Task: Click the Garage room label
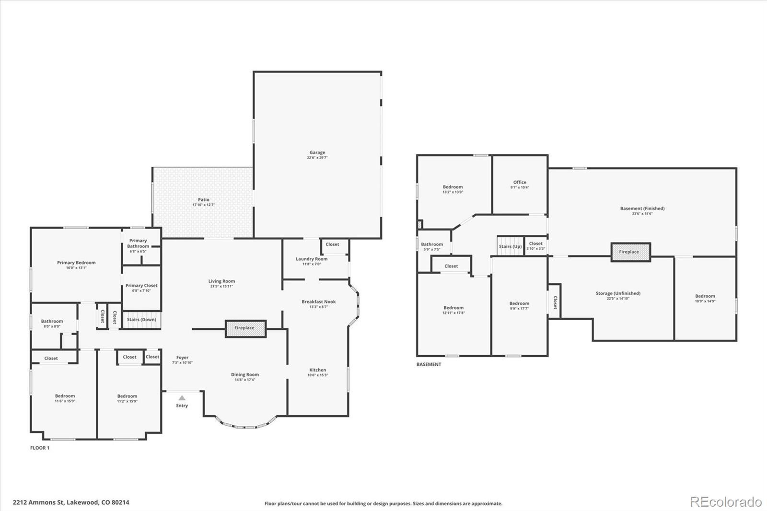pyautogui.click(x=317, y=152)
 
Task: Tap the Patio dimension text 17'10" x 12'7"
pyautogui.click(x=203, y=205)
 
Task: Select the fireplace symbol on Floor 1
pyautogui.click(x=245, y=328)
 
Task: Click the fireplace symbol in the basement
pyautogui.click(x=630, y=252)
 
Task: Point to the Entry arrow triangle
pyautogui.click(x=182, y=398)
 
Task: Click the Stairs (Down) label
pyautogui.click(x=141, y=319)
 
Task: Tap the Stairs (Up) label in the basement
pyautogui.click(x=510, y=246)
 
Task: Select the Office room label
pyautogui.click(x=520, y=182)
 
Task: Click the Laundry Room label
pyautogui.click(x=312, y=259)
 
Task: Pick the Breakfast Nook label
pyautogui.click(x=318, y=302)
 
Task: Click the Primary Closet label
pyautogui.click(x=141, y=285)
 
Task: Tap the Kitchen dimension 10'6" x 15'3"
pyautogui.click(x=317, y=375)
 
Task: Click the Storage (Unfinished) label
pyautogui.click(x=618, y=293)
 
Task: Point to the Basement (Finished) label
pyautogui.click(x=642, y=208)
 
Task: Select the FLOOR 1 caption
pyautogui.click(x=40, y=448)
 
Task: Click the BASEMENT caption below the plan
pyautogui.click(x=429, y=364)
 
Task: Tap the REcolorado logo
pyautogui.click(x=725, y=502)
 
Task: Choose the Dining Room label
pyautogui.click(x=245, y=374)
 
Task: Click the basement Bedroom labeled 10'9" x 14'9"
pyautogui.click(x=705, y=296)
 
